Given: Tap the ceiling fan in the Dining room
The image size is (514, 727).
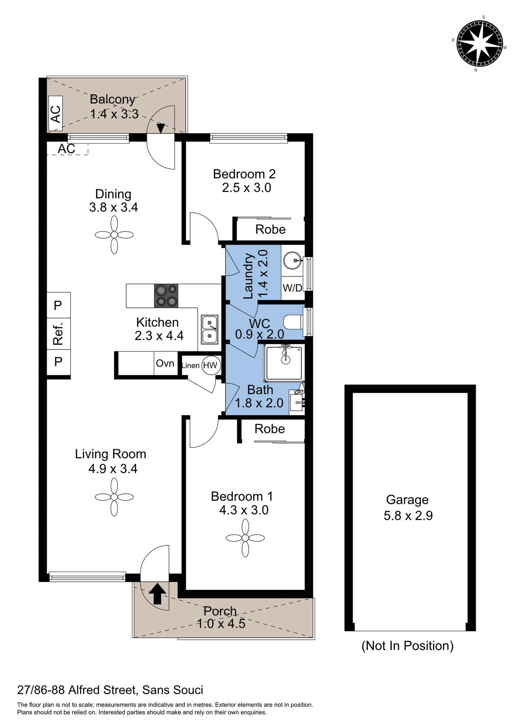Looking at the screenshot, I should [x=114, y=235].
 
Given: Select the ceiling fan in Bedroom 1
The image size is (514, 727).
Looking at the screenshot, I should [x=245, y=538].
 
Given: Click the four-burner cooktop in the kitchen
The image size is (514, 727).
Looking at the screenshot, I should [x=166, y=295].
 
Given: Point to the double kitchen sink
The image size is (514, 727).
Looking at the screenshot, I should [x=209, y=329].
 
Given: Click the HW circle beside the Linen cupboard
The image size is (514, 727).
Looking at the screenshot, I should [x=210, y=365].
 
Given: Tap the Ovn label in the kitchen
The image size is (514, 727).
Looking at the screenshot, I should [x=165, y=363].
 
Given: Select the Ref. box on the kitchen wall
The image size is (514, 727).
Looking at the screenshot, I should [x=58, y=334].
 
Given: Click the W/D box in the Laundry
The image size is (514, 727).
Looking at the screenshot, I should [x=292, y=288].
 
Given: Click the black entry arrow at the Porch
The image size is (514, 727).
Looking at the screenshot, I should [x=158, y=593].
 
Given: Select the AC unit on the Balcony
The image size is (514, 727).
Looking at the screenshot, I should [x=56, y=114].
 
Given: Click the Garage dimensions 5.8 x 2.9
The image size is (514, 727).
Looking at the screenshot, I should [x=408, y=516].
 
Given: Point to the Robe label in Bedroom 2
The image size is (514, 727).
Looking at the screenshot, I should [x=270, y=229].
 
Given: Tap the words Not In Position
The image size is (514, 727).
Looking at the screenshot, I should [x=407, y=646].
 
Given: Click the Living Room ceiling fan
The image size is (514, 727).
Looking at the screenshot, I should [x=114, y=497].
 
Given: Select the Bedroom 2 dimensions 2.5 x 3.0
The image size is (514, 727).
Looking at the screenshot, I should [x=246, y=188].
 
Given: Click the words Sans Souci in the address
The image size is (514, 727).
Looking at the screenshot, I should [x=173, y=690].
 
